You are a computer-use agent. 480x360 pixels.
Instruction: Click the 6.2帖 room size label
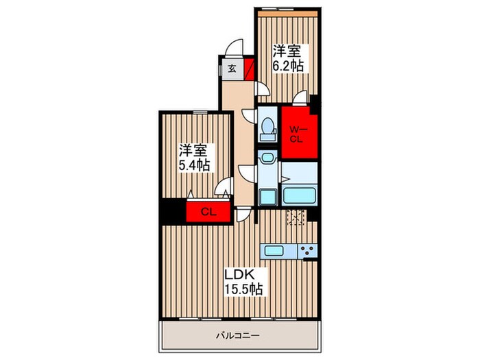click(x=288, y=66)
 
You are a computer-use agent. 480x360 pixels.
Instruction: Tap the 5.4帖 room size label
click(x=194, y=166)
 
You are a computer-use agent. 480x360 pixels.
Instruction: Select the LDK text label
click(x=240, y=274)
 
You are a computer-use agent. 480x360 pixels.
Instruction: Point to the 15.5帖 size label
click(x=243, y=289)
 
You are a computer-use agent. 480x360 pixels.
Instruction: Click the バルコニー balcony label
click(x=238, y=336)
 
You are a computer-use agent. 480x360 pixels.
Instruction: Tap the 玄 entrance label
click(x=232, y=69)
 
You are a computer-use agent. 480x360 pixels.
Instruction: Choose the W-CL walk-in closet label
click(x=296, y=134)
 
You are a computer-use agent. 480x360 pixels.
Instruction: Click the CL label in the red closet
click(x=208, y=212)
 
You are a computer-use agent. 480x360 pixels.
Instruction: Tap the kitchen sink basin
click(x=274, y=252)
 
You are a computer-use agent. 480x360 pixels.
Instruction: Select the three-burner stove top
click(x=307, y=252)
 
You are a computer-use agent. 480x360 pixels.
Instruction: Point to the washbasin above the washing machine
click(x=267, y=157)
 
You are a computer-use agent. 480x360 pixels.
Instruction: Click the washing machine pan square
click(x=268, y=197)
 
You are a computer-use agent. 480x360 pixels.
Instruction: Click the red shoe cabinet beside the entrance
click(x=250, y=69)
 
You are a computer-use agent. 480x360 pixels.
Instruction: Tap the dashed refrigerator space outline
click(x=296, y=217)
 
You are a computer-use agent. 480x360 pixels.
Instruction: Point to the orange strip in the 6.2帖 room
click(x=287, y=14)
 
